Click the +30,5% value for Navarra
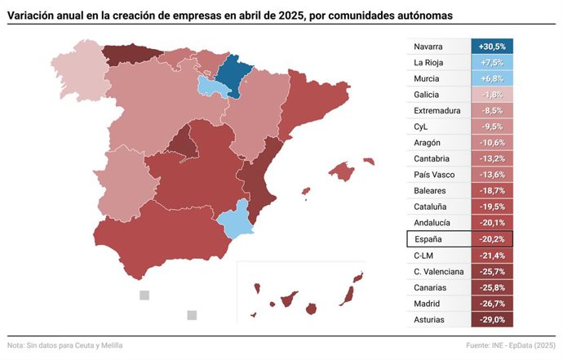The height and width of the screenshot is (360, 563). point(492,47)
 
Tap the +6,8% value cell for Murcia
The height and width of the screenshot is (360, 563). point(492,78)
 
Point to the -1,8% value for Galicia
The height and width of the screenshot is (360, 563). point(492,95)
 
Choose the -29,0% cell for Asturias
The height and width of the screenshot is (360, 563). point(492,319)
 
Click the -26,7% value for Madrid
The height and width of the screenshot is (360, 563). point(492,304)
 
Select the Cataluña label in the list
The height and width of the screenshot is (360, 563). point(432,207)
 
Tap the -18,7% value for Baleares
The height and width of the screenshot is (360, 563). point(492,191)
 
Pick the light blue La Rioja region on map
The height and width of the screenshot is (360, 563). point(214,87)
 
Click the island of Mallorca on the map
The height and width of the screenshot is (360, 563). point(344,171)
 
